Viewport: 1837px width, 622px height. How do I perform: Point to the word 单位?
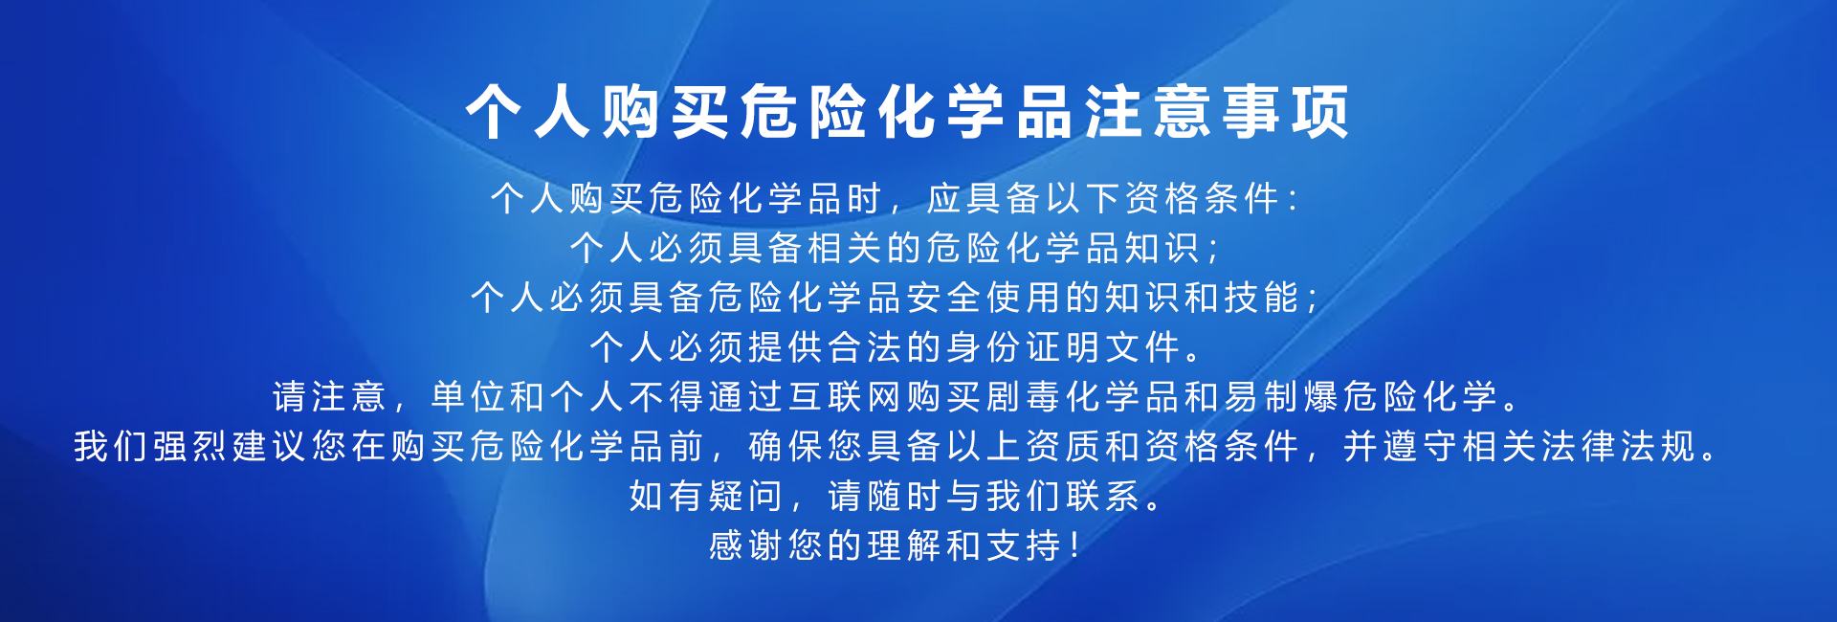pos(468,397)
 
